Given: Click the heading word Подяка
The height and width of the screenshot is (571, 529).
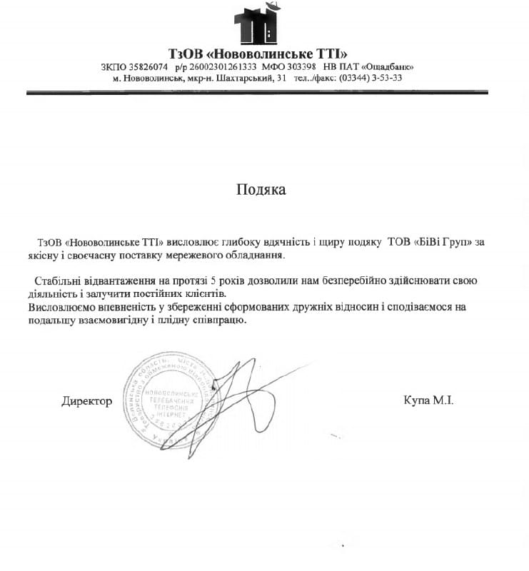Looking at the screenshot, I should (261, 190).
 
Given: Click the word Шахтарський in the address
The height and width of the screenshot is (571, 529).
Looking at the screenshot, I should (241, 78).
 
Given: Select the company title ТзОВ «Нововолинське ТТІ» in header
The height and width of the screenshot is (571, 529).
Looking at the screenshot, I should (258, 54).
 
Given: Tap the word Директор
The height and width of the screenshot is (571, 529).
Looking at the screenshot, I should (86, 401).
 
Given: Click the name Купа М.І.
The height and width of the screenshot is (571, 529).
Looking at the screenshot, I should (428, 400).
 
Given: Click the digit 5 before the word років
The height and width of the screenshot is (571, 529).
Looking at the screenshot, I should (223, 281).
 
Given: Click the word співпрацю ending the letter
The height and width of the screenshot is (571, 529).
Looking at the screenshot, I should (221, 320).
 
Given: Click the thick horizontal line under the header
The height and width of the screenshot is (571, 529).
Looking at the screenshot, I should (257, 92).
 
